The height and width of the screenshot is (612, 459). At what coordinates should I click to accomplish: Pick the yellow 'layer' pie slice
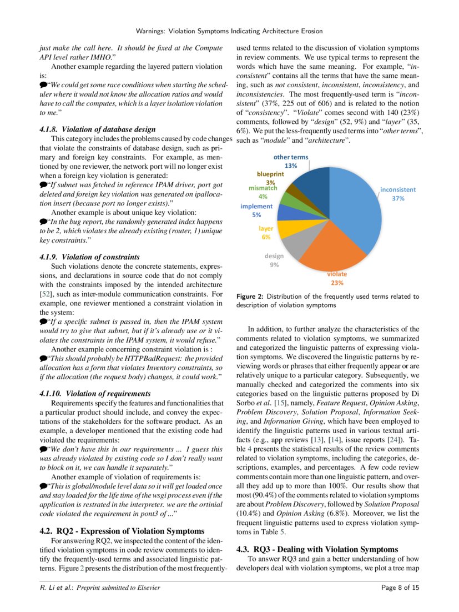pos(288,228)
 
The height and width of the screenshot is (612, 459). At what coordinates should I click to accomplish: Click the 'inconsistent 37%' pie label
pos(397,193)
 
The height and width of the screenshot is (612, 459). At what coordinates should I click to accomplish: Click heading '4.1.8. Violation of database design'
pos(98,129)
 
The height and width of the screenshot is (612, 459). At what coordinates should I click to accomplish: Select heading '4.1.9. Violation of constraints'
pos(89,257)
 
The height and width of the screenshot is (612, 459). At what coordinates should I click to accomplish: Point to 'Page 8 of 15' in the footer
pos(400,588)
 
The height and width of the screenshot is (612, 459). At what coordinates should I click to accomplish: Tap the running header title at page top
pos(229,31)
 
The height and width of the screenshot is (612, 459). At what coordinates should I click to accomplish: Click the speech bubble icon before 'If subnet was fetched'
pos(43,184)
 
